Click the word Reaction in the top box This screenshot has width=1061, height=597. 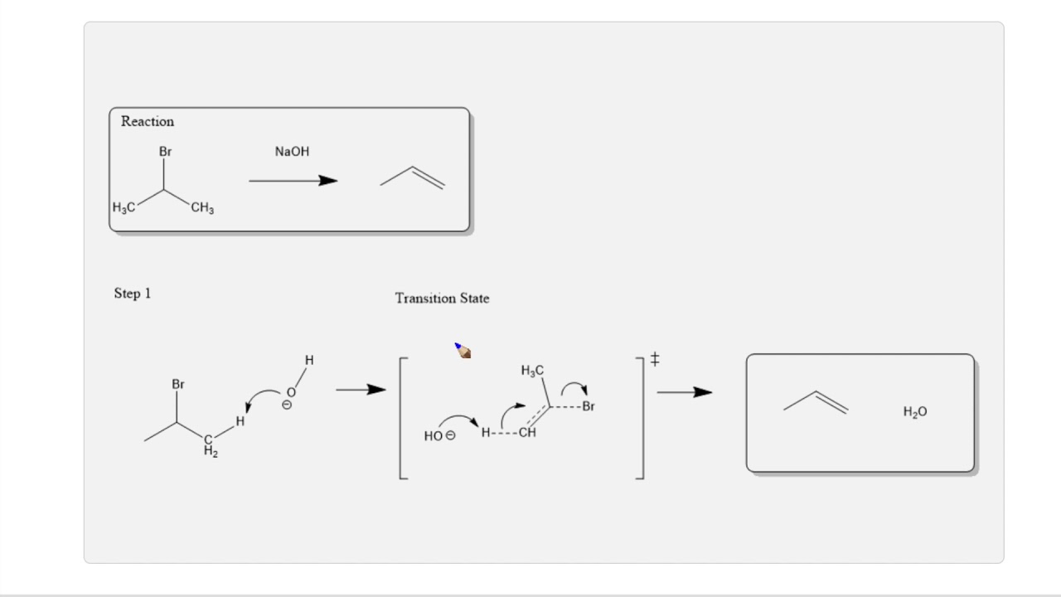click(x=148, y=121)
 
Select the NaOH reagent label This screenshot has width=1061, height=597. click(x=292, y=152)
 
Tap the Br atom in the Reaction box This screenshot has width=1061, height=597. click(x=166, y=152)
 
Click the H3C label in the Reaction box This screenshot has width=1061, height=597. click(x=124, y=207)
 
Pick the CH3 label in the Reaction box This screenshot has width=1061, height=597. click(x=202, y=208)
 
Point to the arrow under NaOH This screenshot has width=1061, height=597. click(x=293, y=181)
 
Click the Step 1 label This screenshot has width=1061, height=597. click(x=133, y=294)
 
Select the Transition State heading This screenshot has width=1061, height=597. click(x=442, y=298)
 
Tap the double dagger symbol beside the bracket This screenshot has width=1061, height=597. click(x=655, y=359)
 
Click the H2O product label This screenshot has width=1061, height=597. click(x=915, y=412)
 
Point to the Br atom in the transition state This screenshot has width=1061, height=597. click(x=589, y=406)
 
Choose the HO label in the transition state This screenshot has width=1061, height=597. click(x=434, y=436)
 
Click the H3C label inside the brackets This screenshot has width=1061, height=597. click(x=532, y=371)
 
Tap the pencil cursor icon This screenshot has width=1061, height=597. click(x=463, y=352)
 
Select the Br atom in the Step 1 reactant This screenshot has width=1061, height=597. click(x=178, y=385)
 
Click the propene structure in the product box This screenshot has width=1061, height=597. click(x=816, y=402)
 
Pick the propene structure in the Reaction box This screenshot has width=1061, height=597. click(x=413, y=177)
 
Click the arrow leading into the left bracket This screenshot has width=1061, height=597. click(x=361, y=390)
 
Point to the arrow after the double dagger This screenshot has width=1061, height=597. click(x=684, y=392)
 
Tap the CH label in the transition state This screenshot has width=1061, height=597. click(x=527, y=432)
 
